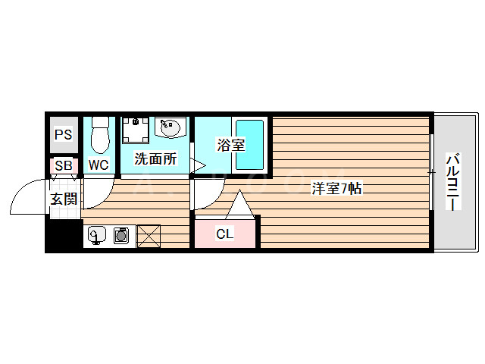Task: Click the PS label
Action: tap(63, 135)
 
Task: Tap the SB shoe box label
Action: tap(63, 165)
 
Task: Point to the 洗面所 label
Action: tap(155, 159)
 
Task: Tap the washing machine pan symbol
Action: tap(136, 130)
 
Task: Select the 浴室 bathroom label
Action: tap(230, 144)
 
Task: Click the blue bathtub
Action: tap(249, 144)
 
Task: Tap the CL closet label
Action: tap(225, 234)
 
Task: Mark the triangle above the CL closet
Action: tap(239, 206)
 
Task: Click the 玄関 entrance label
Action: tap(64, 199)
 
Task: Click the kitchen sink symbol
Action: tap(96, 237)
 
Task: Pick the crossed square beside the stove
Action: tap(149, 237)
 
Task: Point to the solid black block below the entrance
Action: tap(63, 236)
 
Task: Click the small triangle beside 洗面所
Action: tap(196, 165)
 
